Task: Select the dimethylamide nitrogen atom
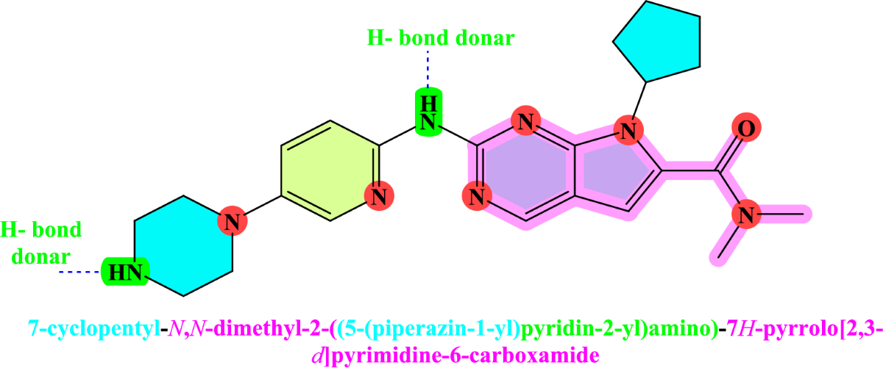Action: tap(745, 215)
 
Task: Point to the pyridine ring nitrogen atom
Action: tap(380, 196)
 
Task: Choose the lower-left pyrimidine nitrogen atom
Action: tap(477, 197)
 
